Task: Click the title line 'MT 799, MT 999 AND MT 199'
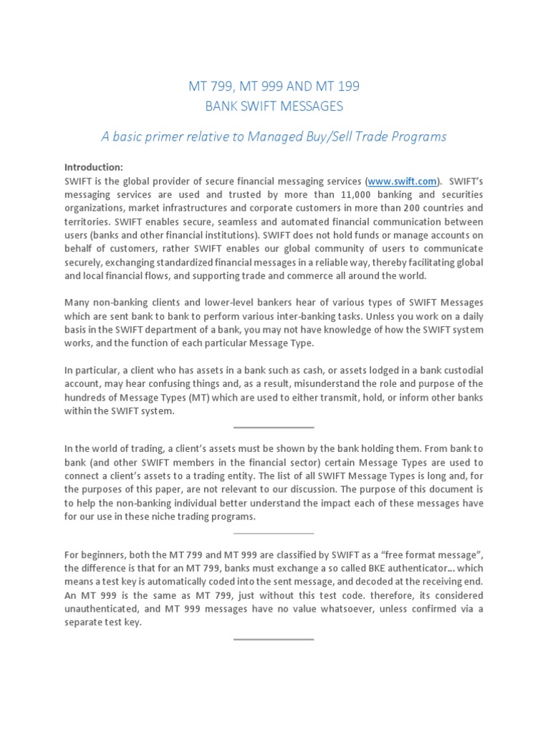[x=274, y=87]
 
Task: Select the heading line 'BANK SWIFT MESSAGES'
[x=274, y=106]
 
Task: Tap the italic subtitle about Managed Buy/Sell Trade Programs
[x=274, y=136]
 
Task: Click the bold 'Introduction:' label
[x=93, y=167]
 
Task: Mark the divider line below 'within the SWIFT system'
[x=274, y=428]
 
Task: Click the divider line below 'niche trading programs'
[x=274, y=533]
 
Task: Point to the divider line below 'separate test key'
[x=274, y=639]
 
